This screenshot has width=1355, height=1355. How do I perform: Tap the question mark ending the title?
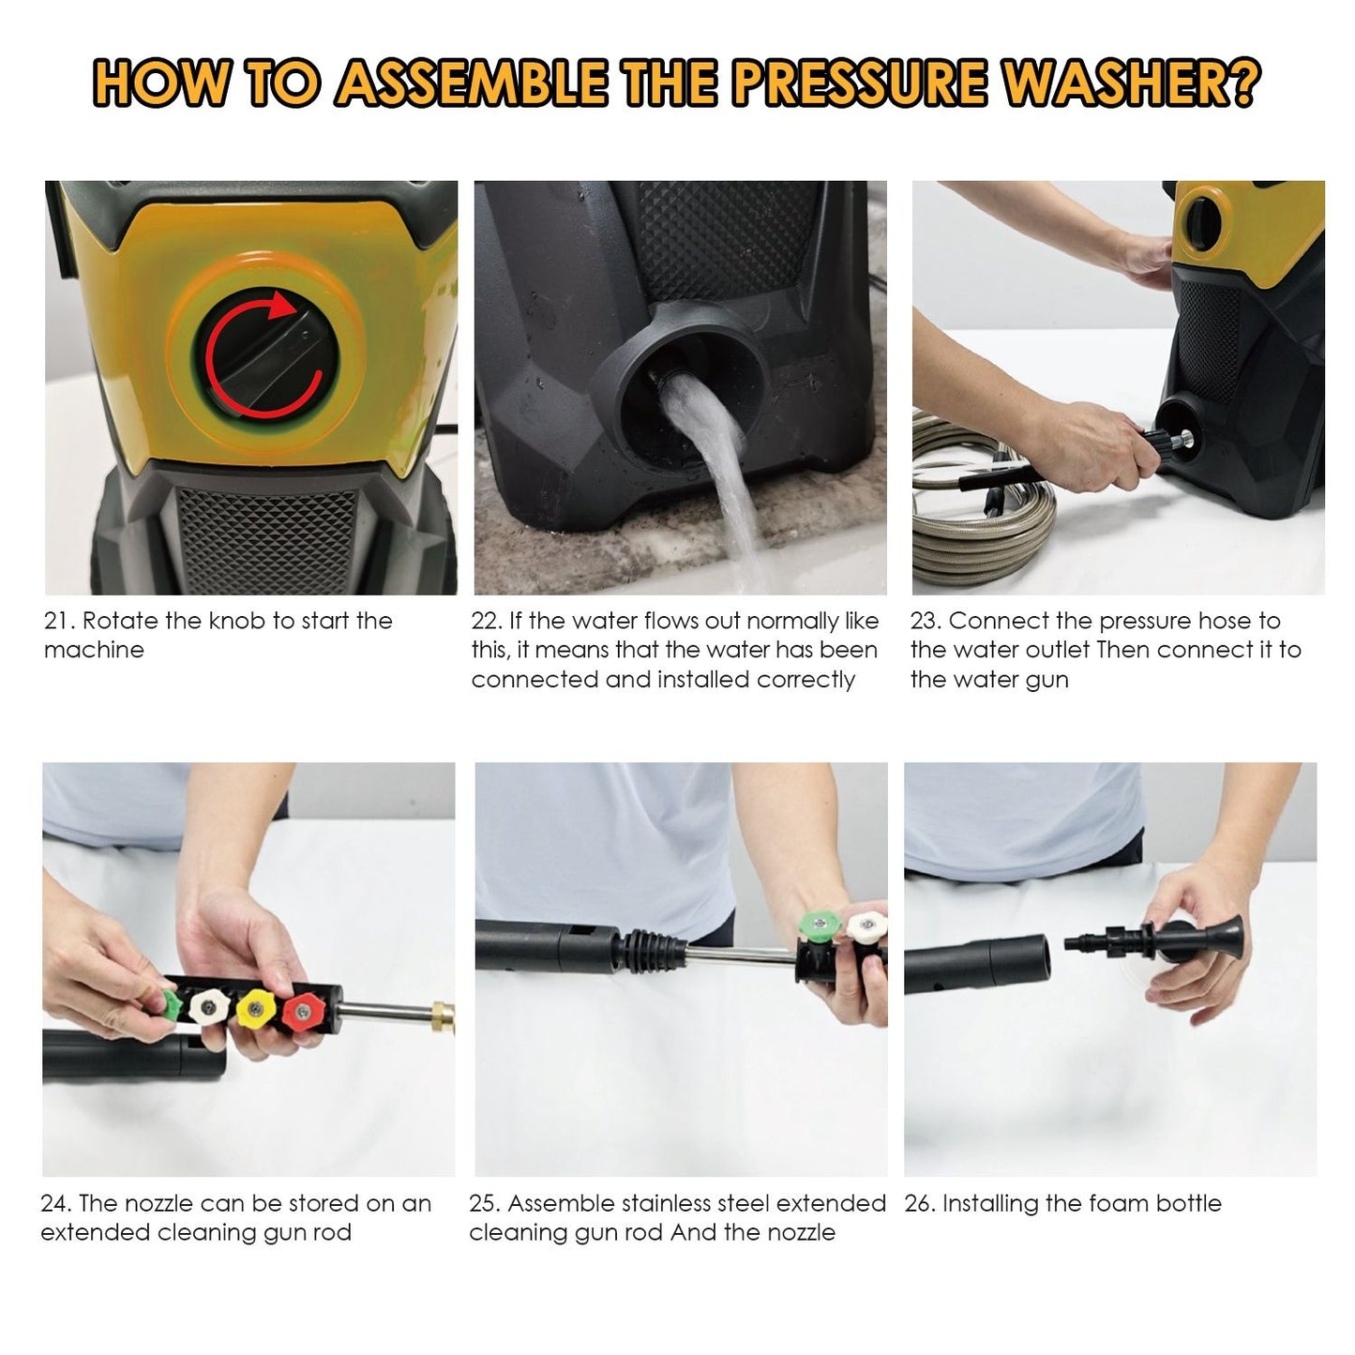coord(1239,83)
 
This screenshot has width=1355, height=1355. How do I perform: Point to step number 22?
coord(486,621)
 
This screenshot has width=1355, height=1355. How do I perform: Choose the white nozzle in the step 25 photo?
coord(866,926)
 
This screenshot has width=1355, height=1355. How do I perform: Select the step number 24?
coord(55,1203)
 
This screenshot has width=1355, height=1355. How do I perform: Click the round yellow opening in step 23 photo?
coord(1205,221)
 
